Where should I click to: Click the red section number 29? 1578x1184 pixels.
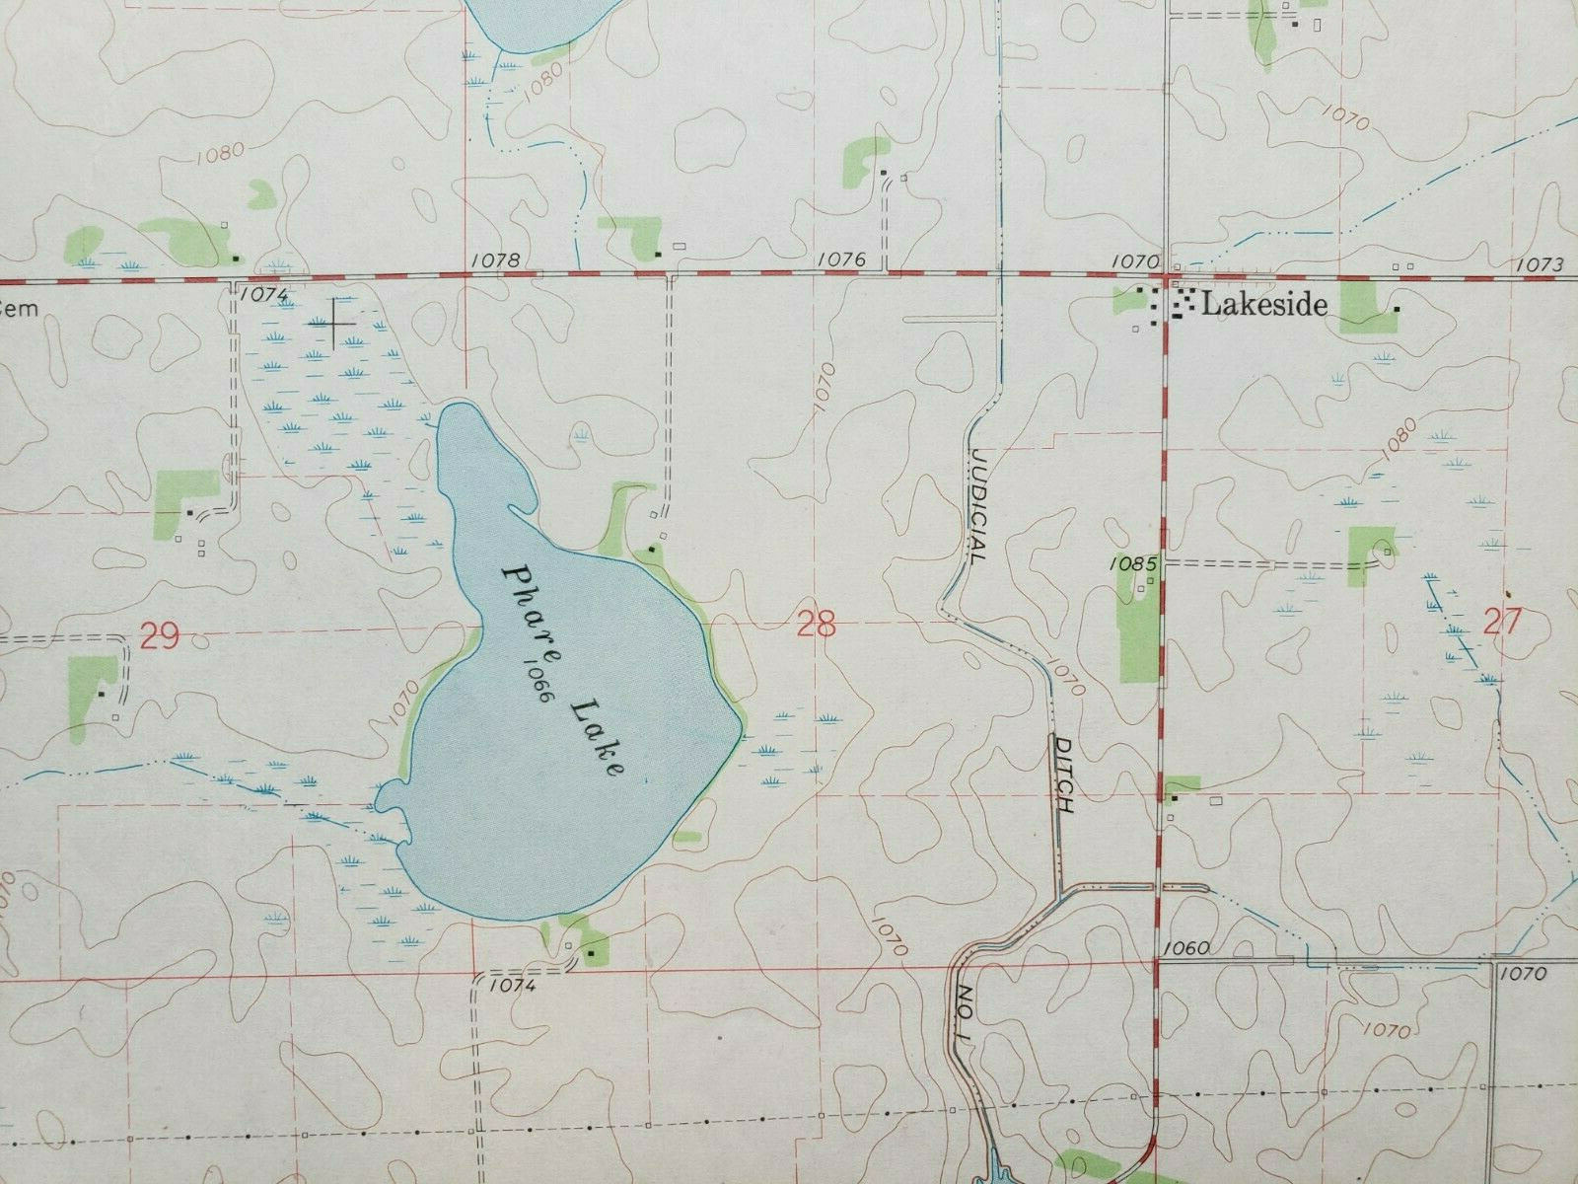point(159,636)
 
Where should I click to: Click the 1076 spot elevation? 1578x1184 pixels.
point(841,259)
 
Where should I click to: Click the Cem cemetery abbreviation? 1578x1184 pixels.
point(20,308)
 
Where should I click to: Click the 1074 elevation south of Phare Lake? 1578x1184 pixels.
point(510,985)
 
